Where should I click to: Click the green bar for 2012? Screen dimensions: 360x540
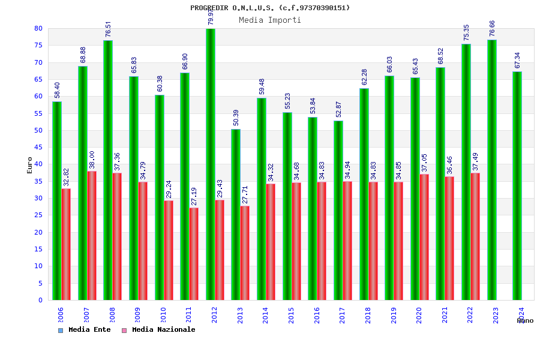pyautogui.click(x=211, y=164)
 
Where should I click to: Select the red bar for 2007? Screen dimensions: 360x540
pyautogui.click(x=92, y=235)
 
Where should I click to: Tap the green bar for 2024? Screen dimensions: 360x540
pyautogui.click(x=517, y=185)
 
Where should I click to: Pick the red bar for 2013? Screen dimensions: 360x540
pyautogui.click(x=245, y=253)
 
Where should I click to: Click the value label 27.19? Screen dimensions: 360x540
pyautogui.click(x=194, y=196)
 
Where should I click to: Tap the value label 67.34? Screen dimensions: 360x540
pyautogui.click(x=518, y=61)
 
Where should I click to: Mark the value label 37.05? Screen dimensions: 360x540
pyautogui.click(x=425, y=163)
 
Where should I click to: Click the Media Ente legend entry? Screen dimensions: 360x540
pyautogui.click(x=85, y=329)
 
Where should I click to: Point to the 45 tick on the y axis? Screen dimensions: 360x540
pyautogui.click(x=38, y=147)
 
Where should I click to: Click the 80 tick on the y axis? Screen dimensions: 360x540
pyautogui.click(x=38, y=28)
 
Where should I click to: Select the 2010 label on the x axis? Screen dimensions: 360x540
pyautogui.click(x=163, y=316)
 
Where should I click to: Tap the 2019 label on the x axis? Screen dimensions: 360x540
pyautogui.click(x=394, y=316)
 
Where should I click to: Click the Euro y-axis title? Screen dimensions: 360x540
pyautogui.click(x=29, y=165)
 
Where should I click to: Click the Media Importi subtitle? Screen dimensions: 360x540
pyautogui.click(x=270, y=20)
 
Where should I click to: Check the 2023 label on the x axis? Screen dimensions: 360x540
pyautogui.click(x=496, y=316)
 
